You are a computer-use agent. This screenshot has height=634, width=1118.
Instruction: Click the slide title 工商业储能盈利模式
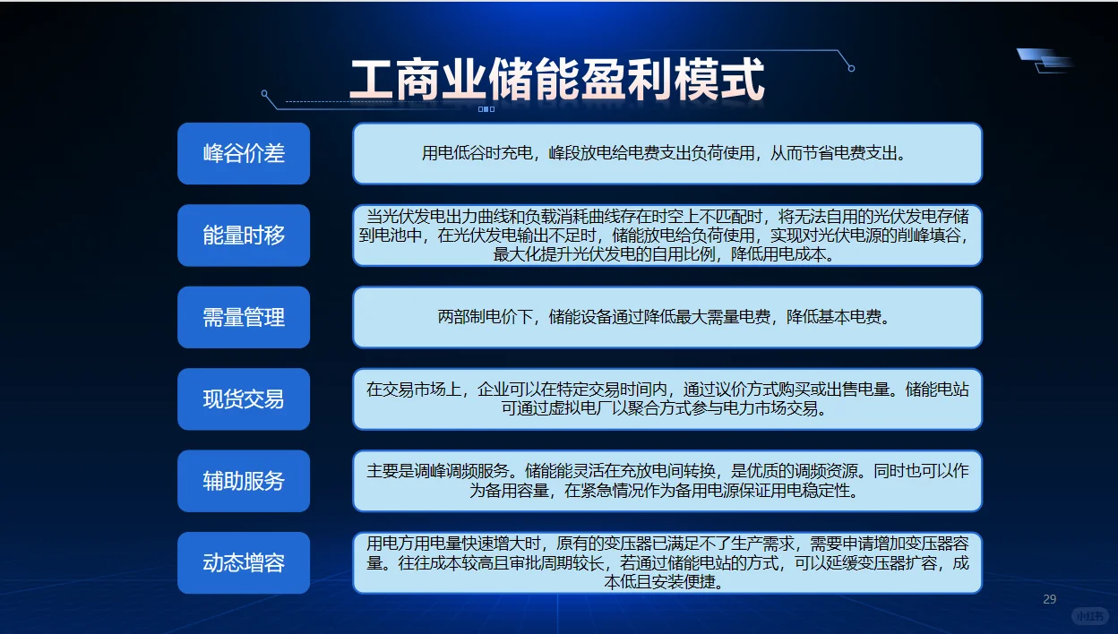pos(556,80)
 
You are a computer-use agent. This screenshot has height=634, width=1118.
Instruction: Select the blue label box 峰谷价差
pos(244,153)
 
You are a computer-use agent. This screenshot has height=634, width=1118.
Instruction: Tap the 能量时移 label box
pos(244,236)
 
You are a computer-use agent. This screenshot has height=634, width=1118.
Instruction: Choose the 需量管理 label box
pos(244,317)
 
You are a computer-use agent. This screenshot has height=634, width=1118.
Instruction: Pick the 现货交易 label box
pos(244,398)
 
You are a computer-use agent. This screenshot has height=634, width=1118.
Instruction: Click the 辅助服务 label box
pos(244,481)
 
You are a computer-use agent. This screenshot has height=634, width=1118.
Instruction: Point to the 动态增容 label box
pos(244,562)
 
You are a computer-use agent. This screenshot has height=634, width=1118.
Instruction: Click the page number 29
pos(1050,599)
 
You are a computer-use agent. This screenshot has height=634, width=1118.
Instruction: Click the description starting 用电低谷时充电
pos(666,153)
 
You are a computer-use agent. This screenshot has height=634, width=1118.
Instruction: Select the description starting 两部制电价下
pos(666,317)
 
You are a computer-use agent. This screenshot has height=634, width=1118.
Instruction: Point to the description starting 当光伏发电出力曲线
pos(666,236)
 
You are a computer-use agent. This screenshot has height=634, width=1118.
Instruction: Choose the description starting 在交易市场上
pos(666,399)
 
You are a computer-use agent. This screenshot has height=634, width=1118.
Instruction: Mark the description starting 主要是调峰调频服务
pos(666,481)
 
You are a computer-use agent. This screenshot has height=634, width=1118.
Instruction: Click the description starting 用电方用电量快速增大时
pos(666,562)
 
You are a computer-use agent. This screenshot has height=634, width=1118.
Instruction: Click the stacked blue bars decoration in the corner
pos(1046,60)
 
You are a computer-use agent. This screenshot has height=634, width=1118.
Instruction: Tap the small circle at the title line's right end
pos(851,68)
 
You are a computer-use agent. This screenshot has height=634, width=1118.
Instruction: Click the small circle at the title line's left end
pos(264,93)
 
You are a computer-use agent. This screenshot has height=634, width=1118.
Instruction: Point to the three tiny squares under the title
pos(486,109)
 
